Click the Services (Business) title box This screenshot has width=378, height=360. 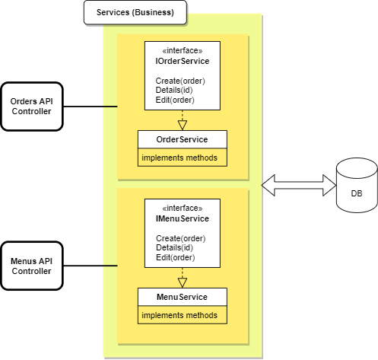click(x=134, y=13)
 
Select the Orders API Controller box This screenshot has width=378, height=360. click(x=31, y=107)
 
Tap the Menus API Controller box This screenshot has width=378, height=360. click(x=31, y=266)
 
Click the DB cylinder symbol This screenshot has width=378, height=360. click(x=356, y=186)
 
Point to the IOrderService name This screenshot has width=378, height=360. click(x=182, y=62)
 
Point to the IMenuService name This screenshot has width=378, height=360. click(x=182, y=219)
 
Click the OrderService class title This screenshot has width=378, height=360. click(x=183, y=140)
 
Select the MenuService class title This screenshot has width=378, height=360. click(x=183, y=297)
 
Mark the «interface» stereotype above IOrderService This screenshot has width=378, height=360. click(x=182, y=51)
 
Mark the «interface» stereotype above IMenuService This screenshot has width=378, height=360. click(x=182, y=209)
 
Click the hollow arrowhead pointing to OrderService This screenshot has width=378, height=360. click(x=183, y=125)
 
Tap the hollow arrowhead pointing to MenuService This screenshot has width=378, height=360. click(x=183, y=282)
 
